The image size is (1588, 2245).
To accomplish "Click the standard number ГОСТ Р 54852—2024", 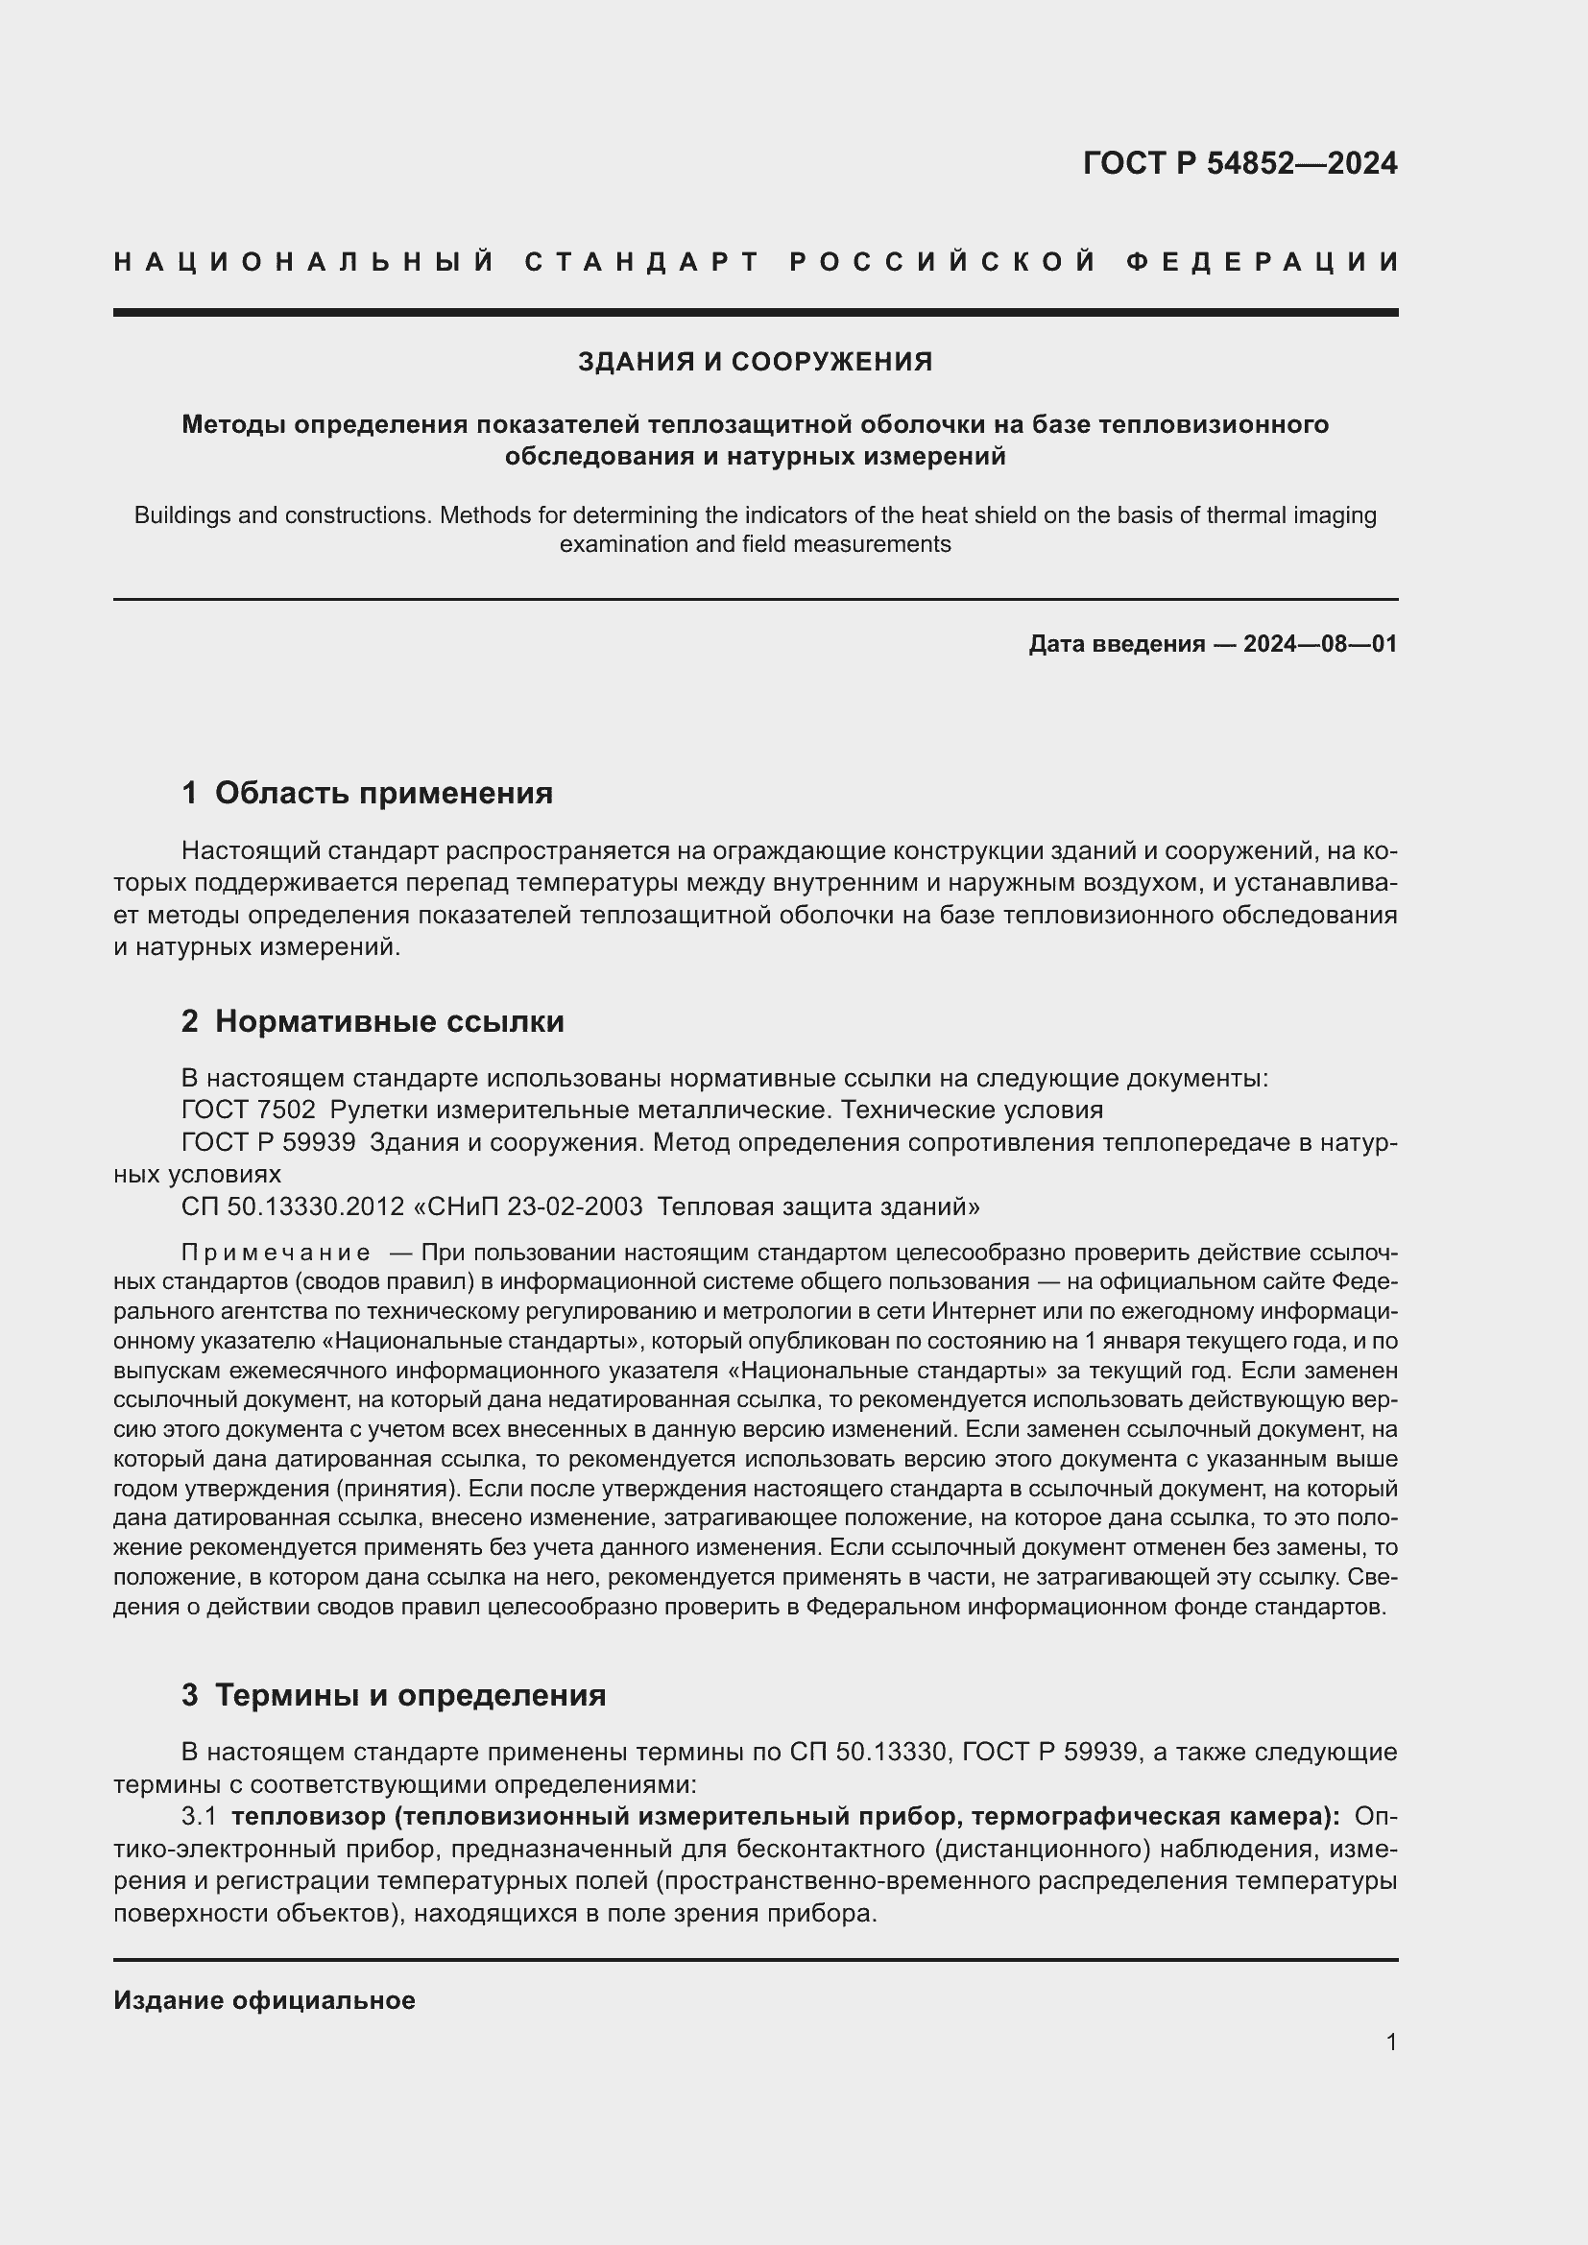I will pyautogui.click(x=1239, y=163).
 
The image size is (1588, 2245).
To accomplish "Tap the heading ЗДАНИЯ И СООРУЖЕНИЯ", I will pyautogui.click(x=755, y=362).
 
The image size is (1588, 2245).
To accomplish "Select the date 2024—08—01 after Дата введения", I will pyautogui.click(x=1319, y=643).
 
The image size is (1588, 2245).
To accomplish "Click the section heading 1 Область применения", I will pyautogui.click(x=367, y=792).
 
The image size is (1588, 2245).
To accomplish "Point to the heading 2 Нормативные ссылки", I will pyautogui.click(x=373, y=1021).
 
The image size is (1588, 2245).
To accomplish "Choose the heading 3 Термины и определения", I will pyautogui.click(x=393, y=1694).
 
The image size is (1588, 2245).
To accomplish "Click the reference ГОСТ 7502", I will pyautogui.click(x=249, y=1110).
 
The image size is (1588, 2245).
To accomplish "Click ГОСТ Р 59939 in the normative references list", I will pyautogui.click(x=269, y=1142).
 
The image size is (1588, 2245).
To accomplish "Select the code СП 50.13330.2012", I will pyautogui.click(x=293, y=1206).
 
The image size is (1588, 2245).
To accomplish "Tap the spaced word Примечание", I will pyautogui.click(x=276, y=1253).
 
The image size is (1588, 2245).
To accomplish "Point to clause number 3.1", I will pyautogui.click(x=199, y=1817).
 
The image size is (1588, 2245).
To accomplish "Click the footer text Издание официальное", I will pyautogui.click(x=264, y=2000).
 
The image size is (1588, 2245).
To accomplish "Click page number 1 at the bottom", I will pyautogui.click(x=1390, y=2042).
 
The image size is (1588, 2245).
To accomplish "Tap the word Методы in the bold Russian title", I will pyautogui.click(x=232, y=424).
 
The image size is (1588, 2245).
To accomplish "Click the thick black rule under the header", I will pyautogui.click(x=755, y=313).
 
